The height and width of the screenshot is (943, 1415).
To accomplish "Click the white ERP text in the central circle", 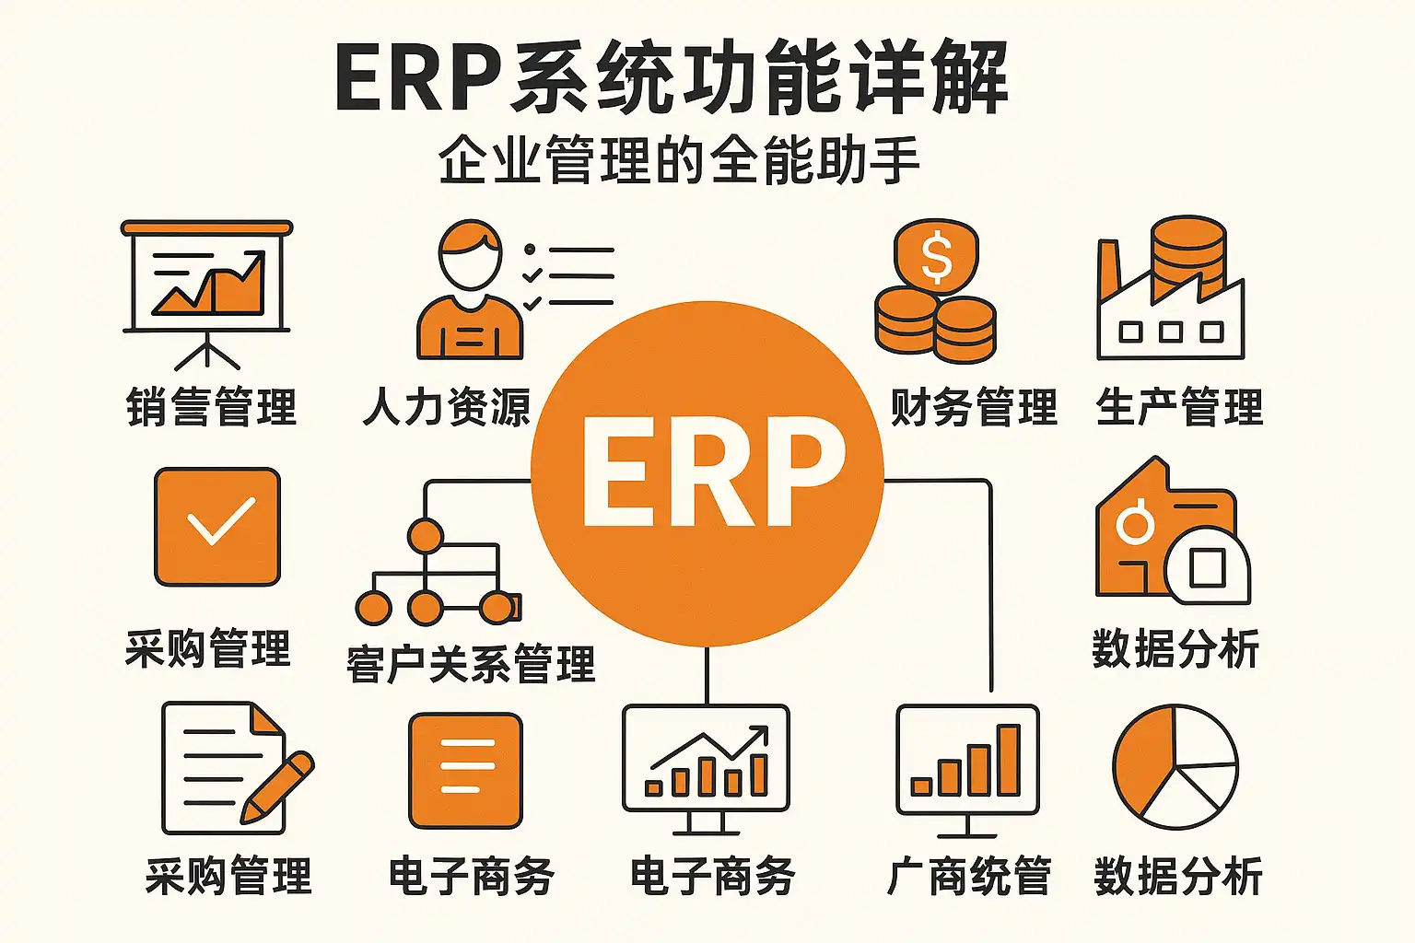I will pyautogui.click(x=712, y=471).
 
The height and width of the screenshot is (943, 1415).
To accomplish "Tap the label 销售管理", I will pyautogui.click(x=211, y=407).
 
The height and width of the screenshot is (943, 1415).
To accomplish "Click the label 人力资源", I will pyautogui.click(x=446, y=407).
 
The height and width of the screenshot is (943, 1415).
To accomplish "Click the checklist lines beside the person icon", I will pyautogui.click(x=569, y=275).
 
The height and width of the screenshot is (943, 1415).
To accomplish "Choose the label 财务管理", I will pyautogui.click(x=974, y=407).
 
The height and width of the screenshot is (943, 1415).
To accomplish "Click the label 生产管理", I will pyautogui.click(x=1179, y=407).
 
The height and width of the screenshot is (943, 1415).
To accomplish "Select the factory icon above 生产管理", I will pyautogui.click(x=1170, y=290).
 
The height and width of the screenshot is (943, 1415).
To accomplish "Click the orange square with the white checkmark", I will pyautogui.click(x=217, y=526).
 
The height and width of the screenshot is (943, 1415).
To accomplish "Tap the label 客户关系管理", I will pyautogui.click(x=471, y=664).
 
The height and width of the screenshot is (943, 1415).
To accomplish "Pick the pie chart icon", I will pyautogui.click(x=1175, y=767).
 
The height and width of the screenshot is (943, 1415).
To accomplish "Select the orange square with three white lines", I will pyautogui.click(x=466, y=771).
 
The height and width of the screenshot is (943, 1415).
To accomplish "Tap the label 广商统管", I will pyautogui.click(x=968, y=876).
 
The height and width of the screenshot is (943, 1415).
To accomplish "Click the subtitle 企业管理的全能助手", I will pyautogui.click(x=679, y=160).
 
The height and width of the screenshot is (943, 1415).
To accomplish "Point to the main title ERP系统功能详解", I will pyautogui.click(x=672, y=77).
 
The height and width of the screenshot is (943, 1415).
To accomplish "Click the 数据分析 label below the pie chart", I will pyautogui.click(x=1178, y=876).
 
